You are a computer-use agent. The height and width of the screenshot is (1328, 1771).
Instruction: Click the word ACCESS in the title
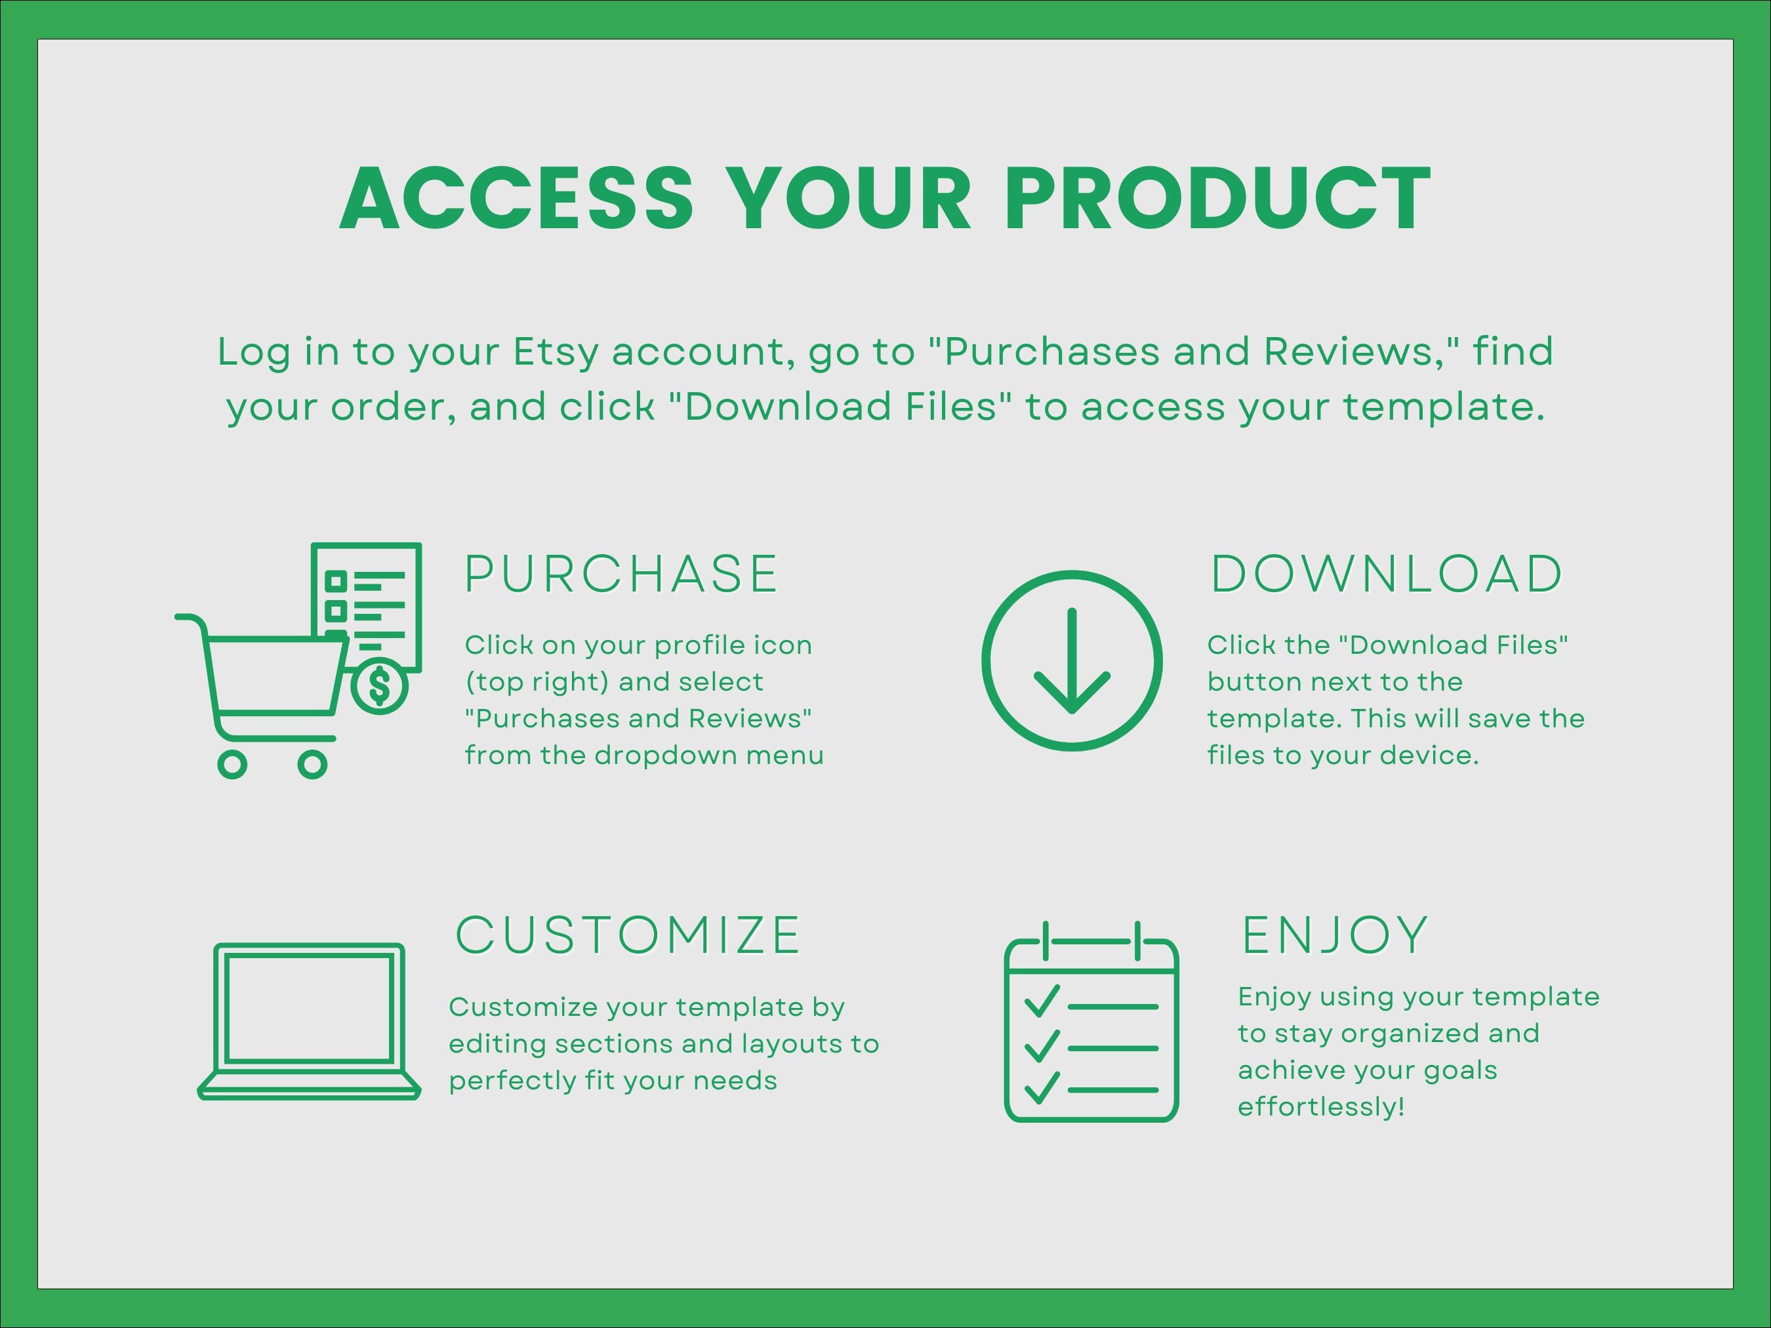516,199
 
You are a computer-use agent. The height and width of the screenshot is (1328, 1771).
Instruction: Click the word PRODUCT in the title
1217,199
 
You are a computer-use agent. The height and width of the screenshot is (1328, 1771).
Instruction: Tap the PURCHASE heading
621,574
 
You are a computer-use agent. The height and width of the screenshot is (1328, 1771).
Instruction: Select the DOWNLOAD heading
1386,574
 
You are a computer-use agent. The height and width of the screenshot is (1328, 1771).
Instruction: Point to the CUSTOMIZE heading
628,935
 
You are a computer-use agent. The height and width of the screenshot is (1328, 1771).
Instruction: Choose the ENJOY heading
1335,935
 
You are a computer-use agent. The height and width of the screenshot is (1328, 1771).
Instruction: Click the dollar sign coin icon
380,685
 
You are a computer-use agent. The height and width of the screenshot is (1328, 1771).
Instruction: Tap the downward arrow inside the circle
1072,661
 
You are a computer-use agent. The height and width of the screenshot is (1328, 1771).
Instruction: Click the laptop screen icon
309,1008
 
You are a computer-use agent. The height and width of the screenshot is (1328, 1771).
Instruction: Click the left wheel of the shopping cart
232,765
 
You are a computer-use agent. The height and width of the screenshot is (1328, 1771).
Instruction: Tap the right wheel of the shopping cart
312,765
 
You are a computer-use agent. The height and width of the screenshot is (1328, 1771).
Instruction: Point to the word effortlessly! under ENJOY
1321,1107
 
